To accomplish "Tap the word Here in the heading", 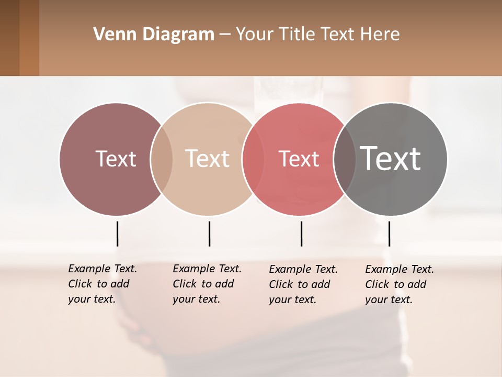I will pos(380,35).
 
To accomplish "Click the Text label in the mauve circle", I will pos(116,159).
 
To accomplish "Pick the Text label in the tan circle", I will pos(208,159).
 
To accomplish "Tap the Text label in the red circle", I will pos(299,159).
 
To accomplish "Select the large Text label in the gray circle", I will pos(391,158).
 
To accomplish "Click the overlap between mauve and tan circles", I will pos(162,159).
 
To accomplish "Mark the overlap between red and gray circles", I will pos(345,159).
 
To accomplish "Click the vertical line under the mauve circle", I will pos(117,234).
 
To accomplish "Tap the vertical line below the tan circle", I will pos(209,234).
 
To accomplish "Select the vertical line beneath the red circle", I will pos(301,234).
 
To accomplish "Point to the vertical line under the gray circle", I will pos(389,234).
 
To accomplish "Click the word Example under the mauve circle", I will pos(89,269).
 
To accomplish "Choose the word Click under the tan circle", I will pos(185,284).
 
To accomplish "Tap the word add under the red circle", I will pos(320,284).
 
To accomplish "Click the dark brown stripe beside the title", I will pos(9,38).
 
